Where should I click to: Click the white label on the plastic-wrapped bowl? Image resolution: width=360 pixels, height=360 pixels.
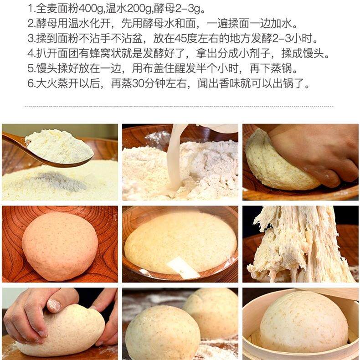coord(183,267)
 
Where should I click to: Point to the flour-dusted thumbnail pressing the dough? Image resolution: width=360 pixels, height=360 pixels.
coord(54,305)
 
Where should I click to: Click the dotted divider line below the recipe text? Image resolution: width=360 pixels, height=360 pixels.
coord(179,106)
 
